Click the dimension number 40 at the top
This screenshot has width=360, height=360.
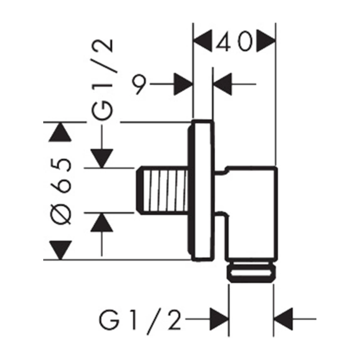coord(234,41)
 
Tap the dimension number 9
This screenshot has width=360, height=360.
coord(139,84)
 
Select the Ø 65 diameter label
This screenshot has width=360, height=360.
coord(61,191)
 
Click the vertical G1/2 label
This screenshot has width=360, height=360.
coord(102,80)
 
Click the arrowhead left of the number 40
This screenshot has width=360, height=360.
coord(202,41)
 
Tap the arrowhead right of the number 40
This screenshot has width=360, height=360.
coord(266,41)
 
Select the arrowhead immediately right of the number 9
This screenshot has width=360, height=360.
coord(183,84)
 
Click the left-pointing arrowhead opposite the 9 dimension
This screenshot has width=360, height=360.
coord(223,84)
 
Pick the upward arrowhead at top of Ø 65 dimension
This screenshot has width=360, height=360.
coord(60,132)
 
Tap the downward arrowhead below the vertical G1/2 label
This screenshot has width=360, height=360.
coord(102,158)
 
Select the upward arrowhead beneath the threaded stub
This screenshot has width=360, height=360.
coord(102,222)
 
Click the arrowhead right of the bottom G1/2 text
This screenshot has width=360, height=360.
coord(219,319)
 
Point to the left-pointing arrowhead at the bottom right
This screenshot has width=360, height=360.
coord(284,319)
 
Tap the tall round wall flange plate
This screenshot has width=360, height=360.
coord(201,190)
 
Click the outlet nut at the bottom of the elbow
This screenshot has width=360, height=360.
coord(252,273)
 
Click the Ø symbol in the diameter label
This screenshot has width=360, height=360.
coord(61,213)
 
